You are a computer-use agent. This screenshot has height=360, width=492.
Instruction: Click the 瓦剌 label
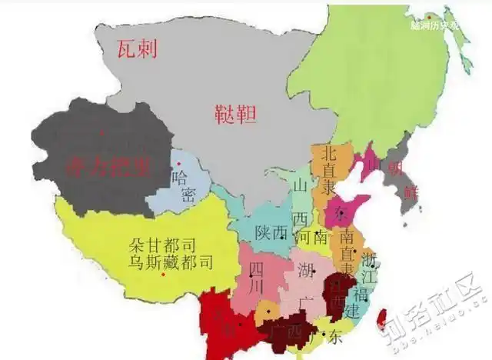tap(137, 48)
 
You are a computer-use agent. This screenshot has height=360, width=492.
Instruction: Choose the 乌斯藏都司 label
tap(170, 262)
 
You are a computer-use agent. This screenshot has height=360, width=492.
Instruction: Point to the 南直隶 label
tap(347, 251)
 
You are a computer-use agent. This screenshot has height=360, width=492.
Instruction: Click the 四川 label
tap(255, 275)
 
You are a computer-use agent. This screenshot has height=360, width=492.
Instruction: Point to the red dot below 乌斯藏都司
tap(163, 275)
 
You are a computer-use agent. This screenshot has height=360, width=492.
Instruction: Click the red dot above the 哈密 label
tap(178, 164)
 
